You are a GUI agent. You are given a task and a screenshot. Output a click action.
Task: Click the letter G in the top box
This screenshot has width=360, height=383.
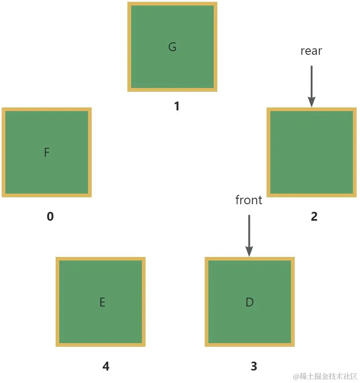(172, 47)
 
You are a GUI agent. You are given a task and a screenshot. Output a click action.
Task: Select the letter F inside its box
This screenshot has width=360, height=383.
(47, 153)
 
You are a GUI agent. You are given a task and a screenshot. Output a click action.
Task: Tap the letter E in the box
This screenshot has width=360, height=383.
(102, 302)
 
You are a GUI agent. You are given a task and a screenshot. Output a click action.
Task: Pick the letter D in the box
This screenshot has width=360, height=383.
(250, 302)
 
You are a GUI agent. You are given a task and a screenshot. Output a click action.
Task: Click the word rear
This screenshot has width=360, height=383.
(311, 51)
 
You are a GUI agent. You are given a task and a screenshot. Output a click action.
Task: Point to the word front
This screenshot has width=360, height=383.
(249, 200)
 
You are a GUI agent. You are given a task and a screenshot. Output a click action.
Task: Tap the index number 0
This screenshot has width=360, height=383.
(50, 217)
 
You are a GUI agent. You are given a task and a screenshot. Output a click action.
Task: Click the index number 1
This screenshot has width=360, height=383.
(176, 106)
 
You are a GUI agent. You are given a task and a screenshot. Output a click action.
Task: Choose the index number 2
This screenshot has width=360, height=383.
(314, 217)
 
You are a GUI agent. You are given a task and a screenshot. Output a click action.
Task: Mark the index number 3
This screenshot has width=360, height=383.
(254, 366)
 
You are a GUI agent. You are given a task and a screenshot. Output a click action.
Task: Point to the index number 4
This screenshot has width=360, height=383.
(106, 366)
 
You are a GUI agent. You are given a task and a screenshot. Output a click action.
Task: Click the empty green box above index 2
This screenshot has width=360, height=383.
(311, 152)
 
